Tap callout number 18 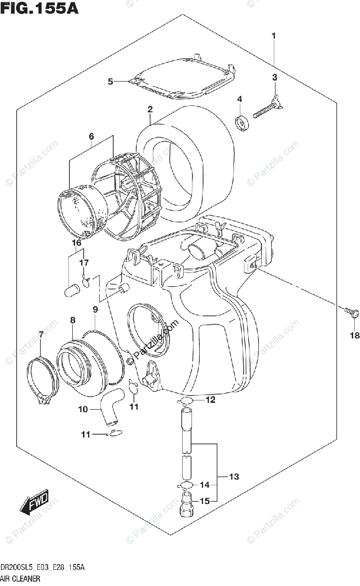tap(354, 335)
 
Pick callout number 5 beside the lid tap(110, 82)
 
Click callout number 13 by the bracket tap(234, 477)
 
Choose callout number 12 tap(210, 400)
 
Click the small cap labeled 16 tap(72, 291)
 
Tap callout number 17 tap(84, 263)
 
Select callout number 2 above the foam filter tap(150, 109)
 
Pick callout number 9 tap(95, 309)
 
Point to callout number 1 tap(274, 36)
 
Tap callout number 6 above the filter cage tap(91, 136)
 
